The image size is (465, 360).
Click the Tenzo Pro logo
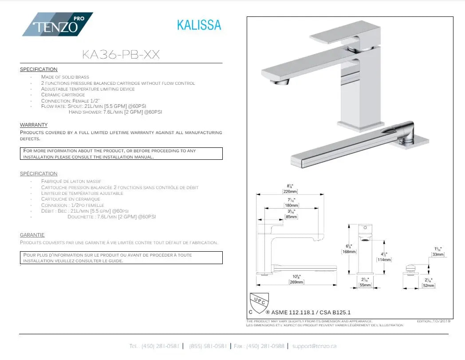[58, 25]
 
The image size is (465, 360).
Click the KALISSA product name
[199, 25]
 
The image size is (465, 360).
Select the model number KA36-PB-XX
[121, 55]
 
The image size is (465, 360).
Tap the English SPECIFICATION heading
[39, 69]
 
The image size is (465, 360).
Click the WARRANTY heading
[34, 125]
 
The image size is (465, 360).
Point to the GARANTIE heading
[32, 235]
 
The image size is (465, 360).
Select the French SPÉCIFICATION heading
[39, 174]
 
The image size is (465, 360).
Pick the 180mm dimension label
[291, 205]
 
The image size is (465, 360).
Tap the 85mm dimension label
[291, 217]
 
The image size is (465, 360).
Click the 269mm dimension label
[296, 282]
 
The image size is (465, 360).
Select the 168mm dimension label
[349, 252]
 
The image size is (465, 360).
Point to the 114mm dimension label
[384, 260]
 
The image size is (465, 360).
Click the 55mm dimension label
[365, 285]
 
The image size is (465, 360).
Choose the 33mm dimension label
[438, 254]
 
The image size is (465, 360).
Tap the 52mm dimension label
[429, 285]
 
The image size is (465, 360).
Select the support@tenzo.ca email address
[314, 346]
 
